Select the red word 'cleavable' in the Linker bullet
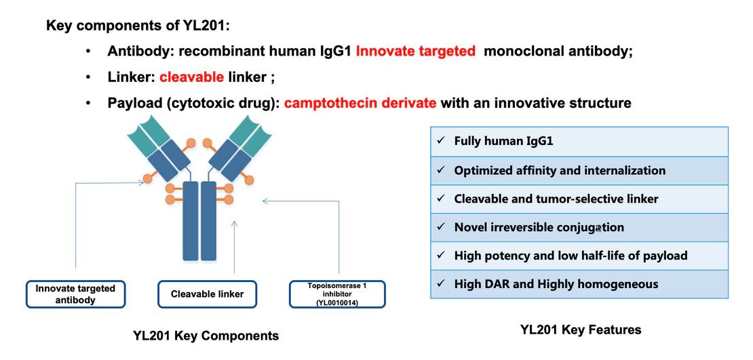click(x=191, y=77)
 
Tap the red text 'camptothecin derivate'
click(x=360, y=103)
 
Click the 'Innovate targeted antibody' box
click(x=75, y=294)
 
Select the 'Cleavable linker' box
click(x=207, y=294)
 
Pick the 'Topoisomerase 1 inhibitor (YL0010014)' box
click(x=337, y=294)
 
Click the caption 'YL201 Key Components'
click(x=206, y=336)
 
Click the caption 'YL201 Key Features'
click(x=580, y=330)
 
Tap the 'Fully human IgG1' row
click(x=579, y=141)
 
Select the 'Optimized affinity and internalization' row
click(x=579, y=170)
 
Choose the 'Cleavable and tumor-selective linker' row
click(x=579, y=199)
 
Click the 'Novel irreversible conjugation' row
click(x=579, y=227)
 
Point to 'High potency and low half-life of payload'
click(x=579, y=256)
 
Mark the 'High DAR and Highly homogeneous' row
click(x=579, y=284)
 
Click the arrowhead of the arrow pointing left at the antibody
click(x=266, y=201)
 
